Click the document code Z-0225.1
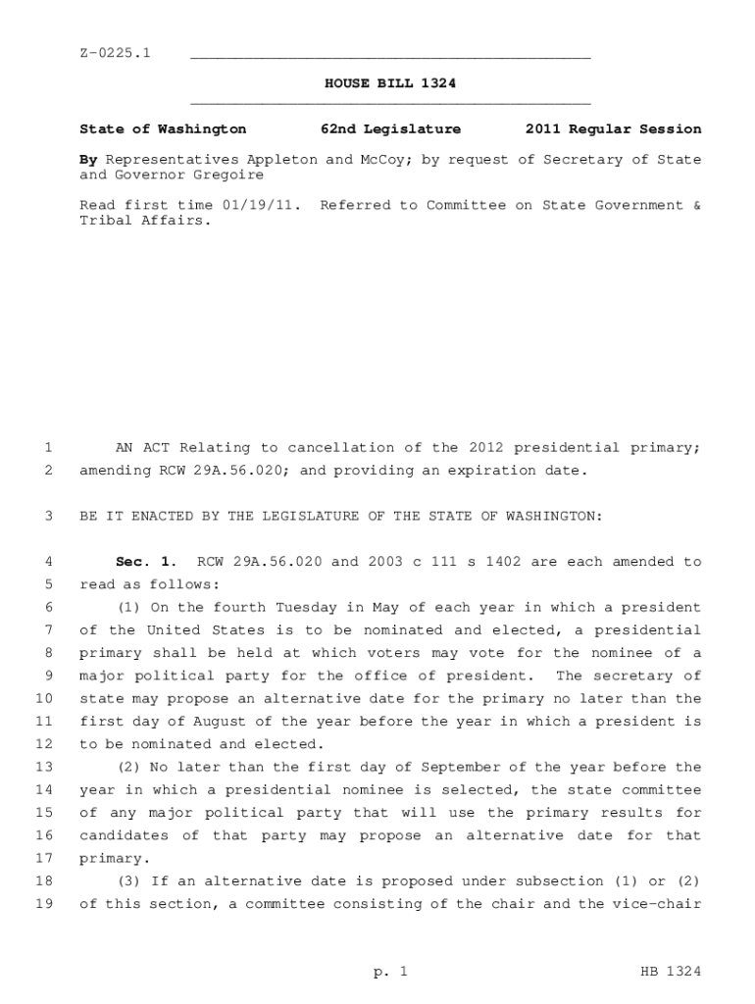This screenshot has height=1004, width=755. pos(115,52)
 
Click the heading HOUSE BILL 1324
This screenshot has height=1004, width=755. pos(390,84)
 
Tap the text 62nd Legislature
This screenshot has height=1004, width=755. pos(390,129)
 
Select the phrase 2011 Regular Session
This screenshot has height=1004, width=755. pos(613,129)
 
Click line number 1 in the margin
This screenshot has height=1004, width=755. pos(47,448)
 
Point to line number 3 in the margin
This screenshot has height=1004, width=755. pos(47,517)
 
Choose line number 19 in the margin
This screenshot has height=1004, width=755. pos(43,904)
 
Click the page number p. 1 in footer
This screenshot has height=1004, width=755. pos(389,973)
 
